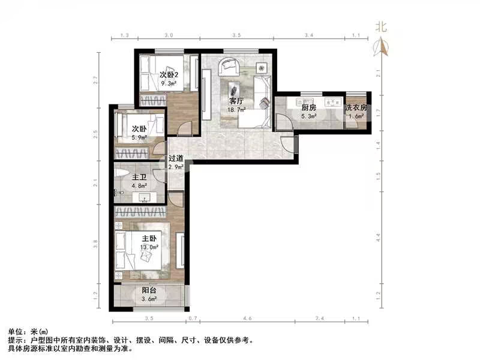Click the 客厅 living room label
coord(235,101)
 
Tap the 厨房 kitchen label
coord(308,108)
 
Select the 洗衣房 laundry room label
coord(356,108)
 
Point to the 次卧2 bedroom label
coord(169,75)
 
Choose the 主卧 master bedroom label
coord(149,239)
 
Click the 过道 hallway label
coord(176,159)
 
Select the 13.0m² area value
coord(149,247)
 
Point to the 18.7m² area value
coord(235,110)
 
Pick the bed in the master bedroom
coord(141,248)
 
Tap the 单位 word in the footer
coord(14,331)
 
